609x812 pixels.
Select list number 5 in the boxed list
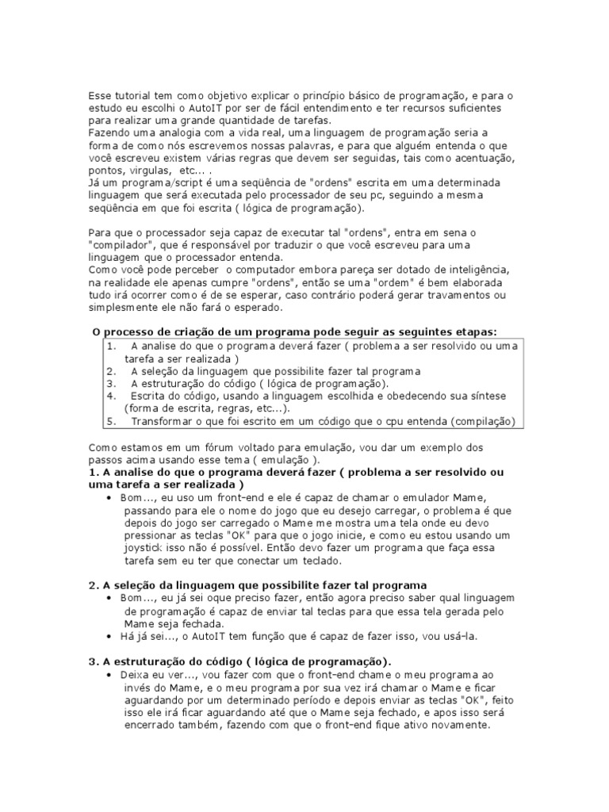[111, 421]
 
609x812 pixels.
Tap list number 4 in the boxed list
[111, 396]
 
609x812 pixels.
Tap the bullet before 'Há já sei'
[109, 636]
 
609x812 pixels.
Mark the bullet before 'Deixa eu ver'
[109, 673]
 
